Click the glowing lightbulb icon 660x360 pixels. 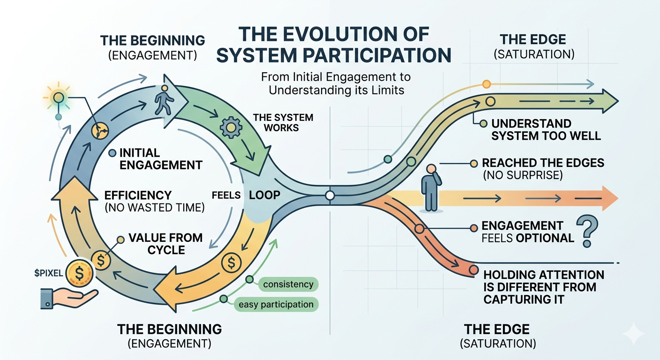click(58, 98)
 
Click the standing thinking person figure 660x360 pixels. click(430, 187)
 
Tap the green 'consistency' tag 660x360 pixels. click(288, 284)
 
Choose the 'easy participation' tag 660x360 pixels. click(276, 304)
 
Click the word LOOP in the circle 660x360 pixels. click(264, 195)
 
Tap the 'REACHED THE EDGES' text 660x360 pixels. click(543, 163)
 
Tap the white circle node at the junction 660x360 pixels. click(330, 195)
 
